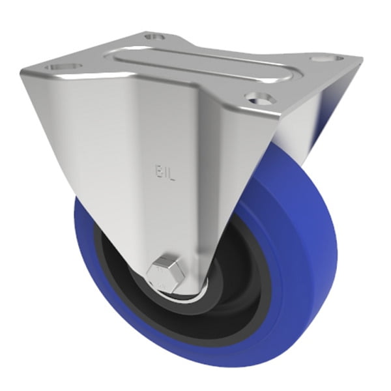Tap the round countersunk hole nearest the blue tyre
point(259,98)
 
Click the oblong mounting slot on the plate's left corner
point(64,66)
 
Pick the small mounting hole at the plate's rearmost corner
point(154,36)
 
